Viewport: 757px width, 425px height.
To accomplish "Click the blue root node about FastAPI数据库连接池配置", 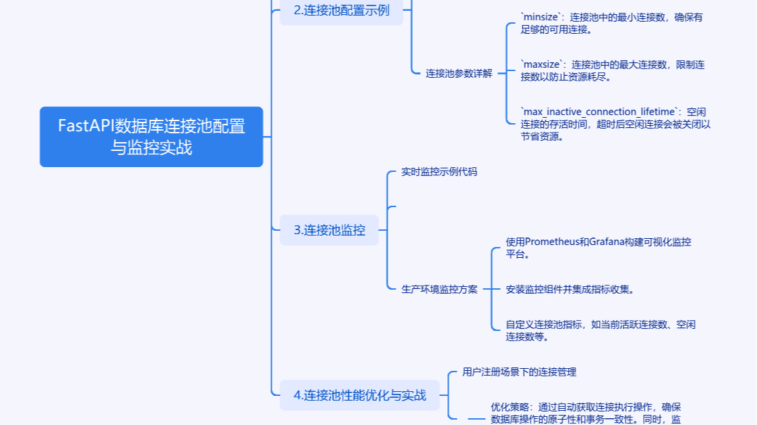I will tap(151, 137).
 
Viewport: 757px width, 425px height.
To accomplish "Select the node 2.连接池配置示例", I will tap(341, 10).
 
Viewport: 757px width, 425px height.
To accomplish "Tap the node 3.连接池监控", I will tap(329, 230).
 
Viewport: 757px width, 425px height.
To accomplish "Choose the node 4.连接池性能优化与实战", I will tap(359, 395).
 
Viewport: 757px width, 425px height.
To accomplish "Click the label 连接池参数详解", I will tap(459, 74).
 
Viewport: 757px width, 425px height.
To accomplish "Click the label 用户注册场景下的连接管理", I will tap(519, 372).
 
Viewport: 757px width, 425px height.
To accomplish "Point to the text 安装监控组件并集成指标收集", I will tap(569, 289).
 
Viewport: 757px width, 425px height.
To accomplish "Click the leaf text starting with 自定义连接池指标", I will tap(600, 330).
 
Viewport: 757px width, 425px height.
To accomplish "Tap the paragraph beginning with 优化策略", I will tap(586, 413).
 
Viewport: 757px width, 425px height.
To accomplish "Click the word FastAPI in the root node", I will tap(86, 127).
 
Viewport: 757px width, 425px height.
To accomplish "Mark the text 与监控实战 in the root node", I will tap(152, 148).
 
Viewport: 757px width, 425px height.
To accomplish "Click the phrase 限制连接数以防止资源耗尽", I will tap(613, 70).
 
